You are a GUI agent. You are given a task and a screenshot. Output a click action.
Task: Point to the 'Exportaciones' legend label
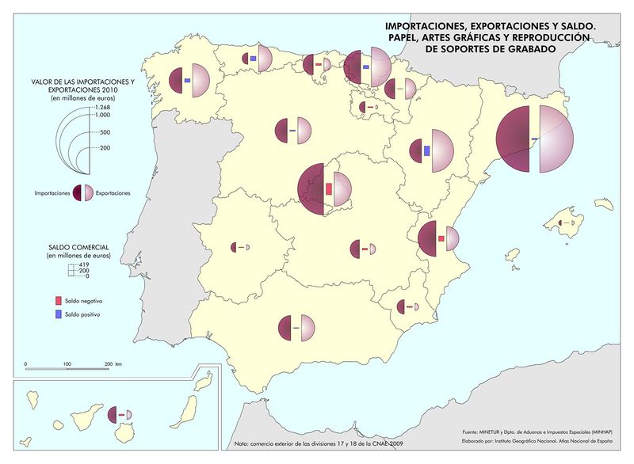pyautogui.click(x=113, y=192)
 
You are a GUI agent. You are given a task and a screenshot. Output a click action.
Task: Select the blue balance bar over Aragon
pyautogui.click(x=427, y=150)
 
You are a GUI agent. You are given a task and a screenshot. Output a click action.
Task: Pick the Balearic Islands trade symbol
pyautogui.click(x=566, y=223)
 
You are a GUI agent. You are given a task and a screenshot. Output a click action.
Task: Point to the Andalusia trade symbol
pyautogui.click(x=297, y=327)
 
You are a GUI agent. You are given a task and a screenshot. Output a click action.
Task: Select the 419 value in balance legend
pyautogui.click(x=82, y=264)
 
